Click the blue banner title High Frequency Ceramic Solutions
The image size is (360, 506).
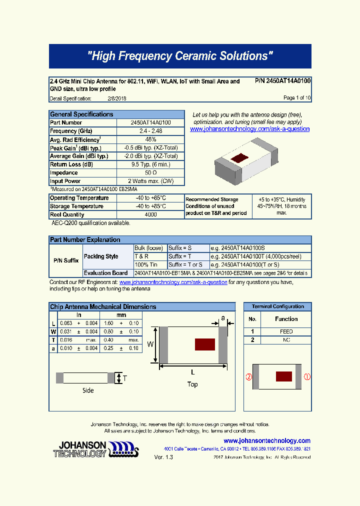[180, 56]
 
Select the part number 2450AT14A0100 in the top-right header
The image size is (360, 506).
[288, 81]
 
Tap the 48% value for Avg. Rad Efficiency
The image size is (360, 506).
[150, 139]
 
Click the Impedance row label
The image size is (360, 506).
[64, 173]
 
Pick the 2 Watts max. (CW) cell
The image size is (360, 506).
[150, 181]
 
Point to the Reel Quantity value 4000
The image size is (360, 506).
[150, 214]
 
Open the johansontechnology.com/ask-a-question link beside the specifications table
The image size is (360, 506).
[250, 129]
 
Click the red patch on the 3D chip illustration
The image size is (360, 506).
[240, 159]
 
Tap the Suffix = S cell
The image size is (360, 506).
[180, 248]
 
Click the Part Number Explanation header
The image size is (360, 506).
[85, 240]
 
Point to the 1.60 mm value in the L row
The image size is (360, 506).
[108, 323]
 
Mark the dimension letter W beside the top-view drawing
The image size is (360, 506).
[150, 344]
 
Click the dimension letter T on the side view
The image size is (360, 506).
[125, 378]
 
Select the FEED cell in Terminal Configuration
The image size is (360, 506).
[286, 331]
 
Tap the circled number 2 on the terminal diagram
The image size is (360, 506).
[248, 377]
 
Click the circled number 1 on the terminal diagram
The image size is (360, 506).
[307, 377]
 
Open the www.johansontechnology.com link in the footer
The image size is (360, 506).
[267, 440]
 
